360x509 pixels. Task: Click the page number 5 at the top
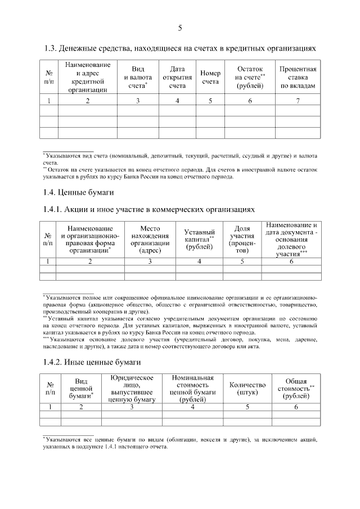180,28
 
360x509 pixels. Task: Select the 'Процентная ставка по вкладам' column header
298,78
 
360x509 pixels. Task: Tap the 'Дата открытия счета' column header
177,78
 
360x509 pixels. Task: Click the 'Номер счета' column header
210,78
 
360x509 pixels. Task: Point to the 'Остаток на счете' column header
250,78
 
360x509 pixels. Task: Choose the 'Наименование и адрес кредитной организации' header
88,78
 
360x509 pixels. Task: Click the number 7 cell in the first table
298,101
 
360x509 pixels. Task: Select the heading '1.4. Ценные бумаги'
78,193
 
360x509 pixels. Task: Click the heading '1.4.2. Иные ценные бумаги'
91,362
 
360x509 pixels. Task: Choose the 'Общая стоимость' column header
296,389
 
